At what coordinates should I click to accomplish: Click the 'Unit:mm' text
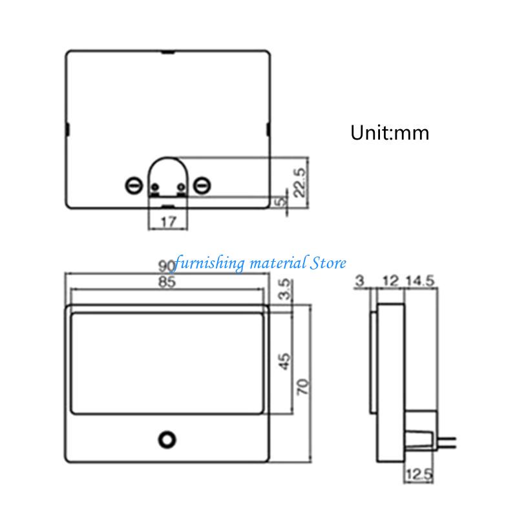[390, 133]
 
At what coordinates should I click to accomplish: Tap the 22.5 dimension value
[300, 183]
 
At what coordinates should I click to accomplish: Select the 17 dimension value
[168, 222]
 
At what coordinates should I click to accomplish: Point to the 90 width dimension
[167, 266]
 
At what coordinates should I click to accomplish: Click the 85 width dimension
[167, 282]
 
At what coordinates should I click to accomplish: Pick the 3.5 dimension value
[284, 289]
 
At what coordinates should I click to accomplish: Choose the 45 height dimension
[284, 361]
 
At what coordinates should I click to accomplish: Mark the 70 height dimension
[303, 386]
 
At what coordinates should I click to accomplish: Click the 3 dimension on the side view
[360, 281]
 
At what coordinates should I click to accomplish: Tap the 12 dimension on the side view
[390, 281]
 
